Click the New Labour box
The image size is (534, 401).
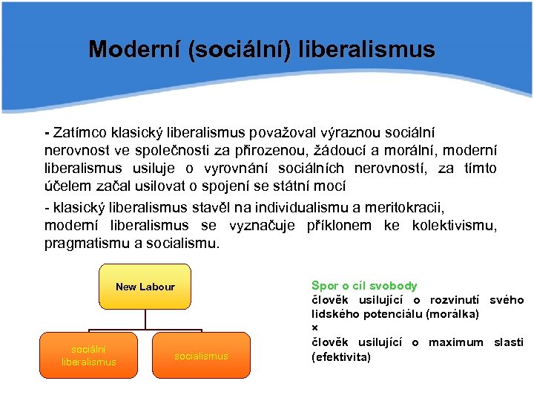point(145,287)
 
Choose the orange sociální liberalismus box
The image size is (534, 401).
point(89,355)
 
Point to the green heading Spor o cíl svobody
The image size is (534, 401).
point(364,286)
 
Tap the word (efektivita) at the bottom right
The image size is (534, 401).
point(340,356)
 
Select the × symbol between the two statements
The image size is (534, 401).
point(314,328)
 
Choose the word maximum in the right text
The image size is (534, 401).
point(455,342)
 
